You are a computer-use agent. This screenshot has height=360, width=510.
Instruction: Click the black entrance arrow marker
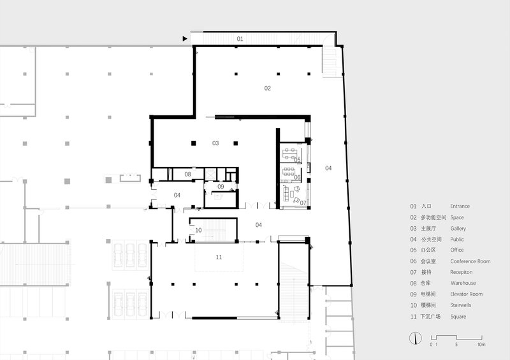point(185,39)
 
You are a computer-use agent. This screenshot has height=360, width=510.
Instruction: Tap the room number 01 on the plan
point(240,39)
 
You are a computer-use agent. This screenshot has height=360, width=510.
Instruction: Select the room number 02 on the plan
point(267,88)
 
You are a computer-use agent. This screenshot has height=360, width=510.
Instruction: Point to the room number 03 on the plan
point(215,143)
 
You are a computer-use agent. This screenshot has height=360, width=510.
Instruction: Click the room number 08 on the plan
point(187,175)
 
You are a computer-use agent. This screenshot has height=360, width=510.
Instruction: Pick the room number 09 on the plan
point(221,187)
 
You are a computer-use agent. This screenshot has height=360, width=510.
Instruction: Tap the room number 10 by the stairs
point(198,230)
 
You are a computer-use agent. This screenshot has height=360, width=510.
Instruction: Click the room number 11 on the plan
point(219,257)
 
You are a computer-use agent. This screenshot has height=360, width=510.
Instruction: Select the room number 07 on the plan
point(303,203)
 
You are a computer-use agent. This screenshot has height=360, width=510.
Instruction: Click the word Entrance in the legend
point(460,206)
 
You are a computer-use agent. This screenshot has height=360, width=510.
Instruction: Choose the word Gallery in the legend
point(458,229)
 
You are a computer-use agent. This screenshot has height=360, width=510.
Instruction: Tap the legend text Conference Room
point(470,261)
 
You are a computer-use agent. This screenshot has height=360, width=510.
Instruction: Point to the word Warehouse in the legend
point(463,283)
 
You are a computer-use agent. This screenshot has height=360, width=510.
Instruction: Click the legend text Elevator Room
point(467,294)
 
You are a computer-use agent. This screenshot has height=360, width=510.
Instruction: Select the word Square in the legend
point(458,317)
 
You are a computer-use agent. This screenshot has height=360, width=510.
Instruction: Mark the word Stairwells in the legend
point(460,305)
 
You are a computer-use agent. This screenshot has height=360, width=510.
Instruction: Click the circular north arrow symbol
point(416,338)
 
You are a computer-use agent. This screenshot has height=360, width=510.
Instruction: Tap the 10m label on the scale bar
point(481,345)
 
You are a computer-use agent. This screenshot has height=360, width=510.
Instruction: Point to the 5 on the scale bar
point(456,345)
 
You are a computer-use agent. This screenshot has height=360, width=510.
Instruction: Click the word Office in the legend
point(457,250)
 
